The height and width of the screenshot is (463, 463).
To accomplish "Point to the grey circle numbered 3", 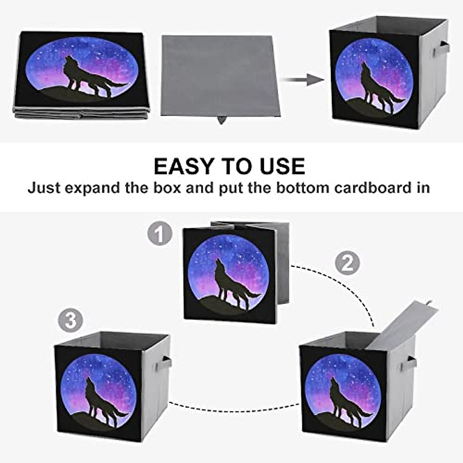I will tap(71, 321).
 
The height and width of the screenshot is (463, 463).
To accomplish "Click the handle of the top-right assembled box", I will tap(441, 49).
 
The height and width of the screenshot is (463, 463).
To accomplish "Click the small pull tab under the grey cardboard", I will tap(221, 120).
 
